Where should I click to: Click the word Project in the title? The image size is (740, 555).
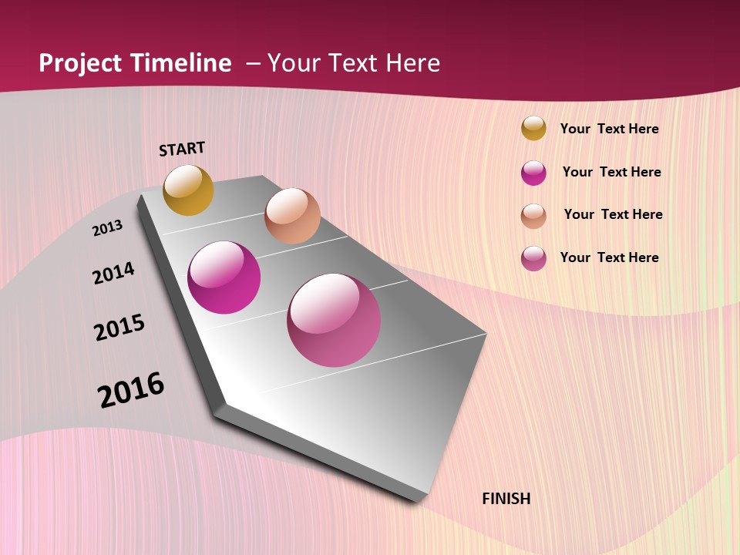(x=79, y=63)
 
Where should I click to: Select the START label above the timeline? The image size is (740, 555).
(x=182, y=149)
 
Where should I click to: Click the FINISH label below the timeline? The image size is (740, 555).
(x=506, y=499)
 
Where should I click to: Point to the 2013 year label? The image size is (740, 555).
(x=107, y=228)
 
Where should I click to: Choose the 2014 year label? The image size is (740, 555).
(x=113, y=273)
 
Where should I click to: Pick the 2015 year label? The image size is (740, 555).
(x=119, y=328)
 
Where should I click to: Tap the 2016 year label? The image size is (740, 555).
(x=131, y=389)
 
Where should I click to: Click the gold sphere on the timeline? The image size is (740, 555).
(x=188, y=190)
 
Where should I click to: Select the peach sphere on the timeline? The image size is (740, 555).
(x=292, y=216)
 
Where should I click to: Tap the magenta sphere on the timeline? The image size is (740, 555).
(x=224, y=277)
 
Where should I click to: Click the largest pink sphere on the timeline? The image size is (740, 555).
(x=334, y=320)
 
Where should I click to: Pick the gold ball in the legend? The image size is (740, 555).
(x=533, y=128)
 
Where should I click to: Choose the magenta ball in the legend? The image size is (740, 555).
(x=533, y=173)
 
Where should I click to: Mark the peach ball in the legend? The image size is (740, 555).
(x=533, y=216)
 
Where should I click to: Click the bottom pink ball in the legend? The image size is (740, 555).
(x=533, y=258)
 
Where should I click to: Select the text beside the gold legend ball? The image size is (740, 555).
(x=610, y=129)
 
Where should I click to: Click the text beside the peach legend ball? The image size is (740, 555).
(x=614, y=214)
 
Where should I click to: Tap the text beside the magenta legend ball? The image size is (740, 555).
(x=612, y=172)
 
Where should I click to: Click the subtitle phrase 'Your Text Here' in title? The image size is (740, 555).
(x=354, y=63)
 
